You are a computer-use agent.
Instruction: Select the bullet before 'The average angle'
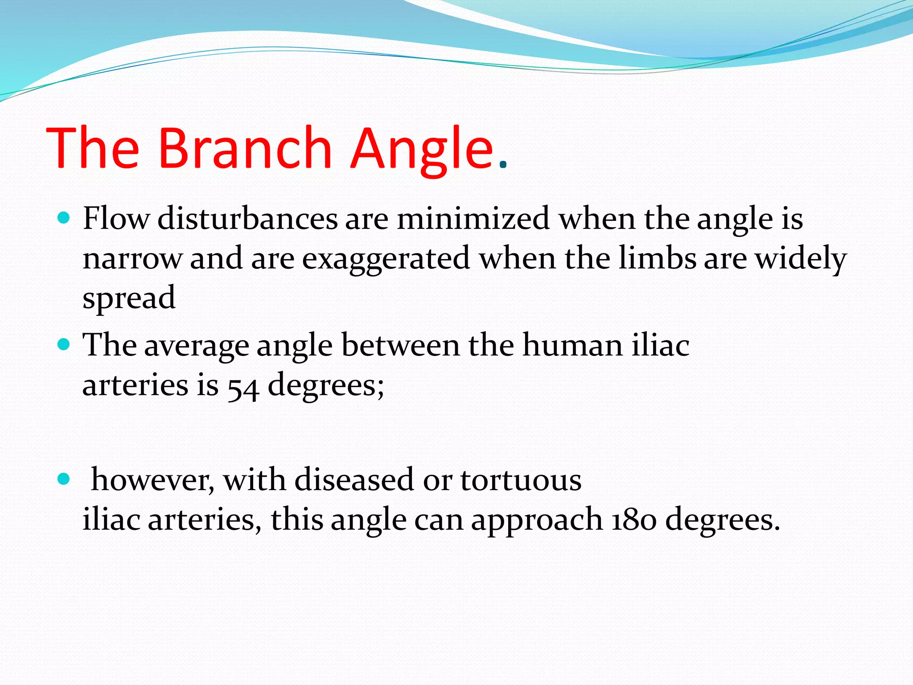click(64, 344)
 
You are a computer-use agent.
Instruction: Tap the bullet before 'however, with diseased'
click(64, 479)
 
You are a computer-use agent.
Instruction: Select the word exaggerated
click(386, 259)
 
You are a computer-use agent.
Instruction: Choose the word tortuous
click(521, 480)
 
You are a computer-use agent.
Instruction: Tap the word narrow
click(132, 259)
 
